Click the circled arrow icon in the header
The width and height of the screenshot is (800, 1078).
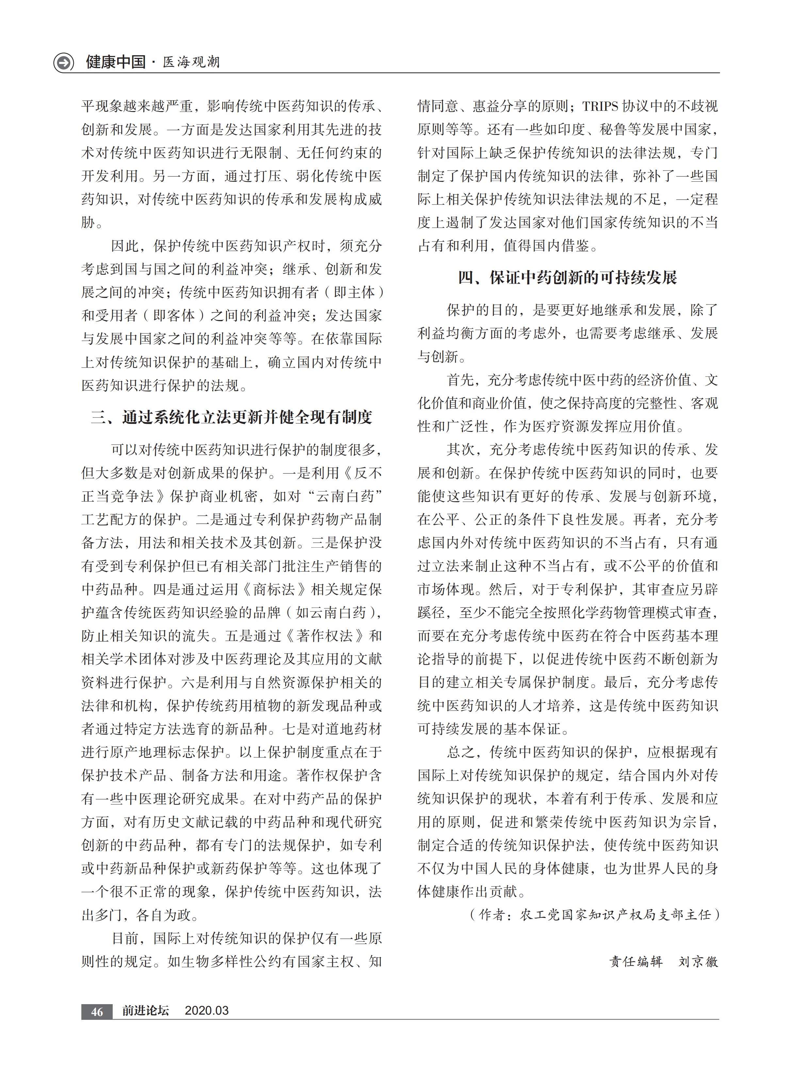click(x=63, y=62)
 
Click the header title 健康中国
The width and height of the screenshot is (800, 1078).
click(x=116, y=62)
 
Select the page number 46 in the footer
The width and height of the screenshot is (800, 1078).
click(x=97, y=1011)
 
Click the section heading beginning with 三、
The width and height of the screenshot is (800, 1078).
click(x=232, y=417)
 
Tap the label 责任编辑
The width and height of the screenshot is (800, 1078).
click(x=636, y=961)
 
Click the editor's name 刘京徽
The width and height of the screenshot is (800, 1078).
click(x=698, y=961)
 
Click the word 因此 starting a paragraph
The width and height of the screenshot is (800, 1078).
click(x=125, y=246)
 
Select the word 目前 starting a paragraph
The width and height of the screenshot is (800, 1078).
click(x=125, y=938)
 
